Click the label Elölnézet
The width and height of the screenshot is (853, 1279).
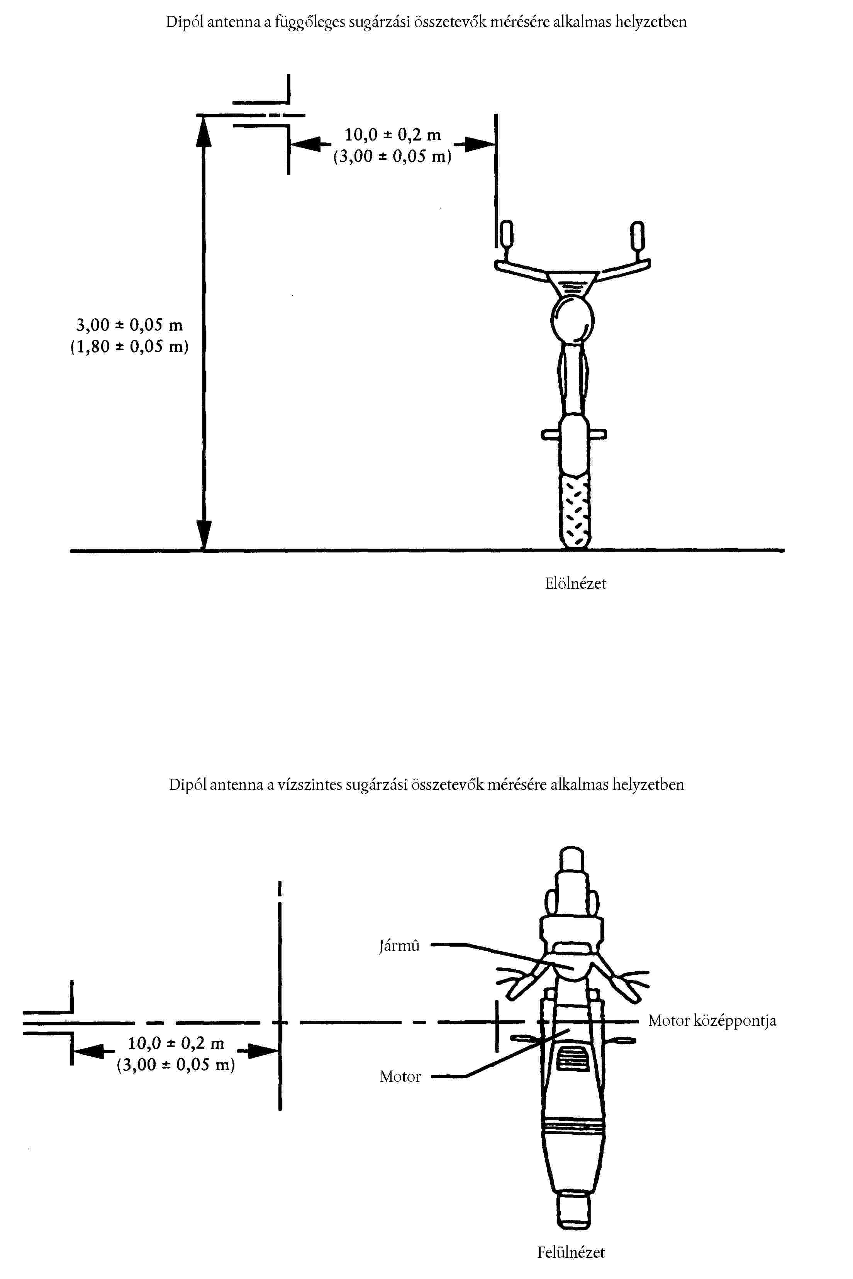575,583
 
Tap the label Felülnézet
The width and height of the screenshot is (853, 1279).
571,1252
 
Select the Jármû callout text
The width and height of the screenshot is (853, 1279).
399,946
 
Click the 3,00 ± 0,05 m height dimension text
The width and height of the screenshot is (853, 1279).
129,325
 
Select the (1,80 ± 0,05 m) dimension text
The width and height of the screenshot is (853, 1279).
129,347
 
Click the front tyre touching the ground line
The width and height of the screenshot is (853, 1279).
575,511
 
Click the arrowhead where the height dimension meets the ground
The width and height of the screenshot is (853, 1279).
203,535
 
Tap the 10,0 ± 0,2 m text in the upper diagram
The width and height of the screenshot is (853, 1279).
392,134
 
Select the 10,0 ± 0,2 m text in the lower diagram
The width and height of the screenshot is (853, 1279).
176,1043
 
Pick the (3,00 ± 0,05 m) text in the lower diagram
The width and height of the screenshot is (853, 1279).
176,1065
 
